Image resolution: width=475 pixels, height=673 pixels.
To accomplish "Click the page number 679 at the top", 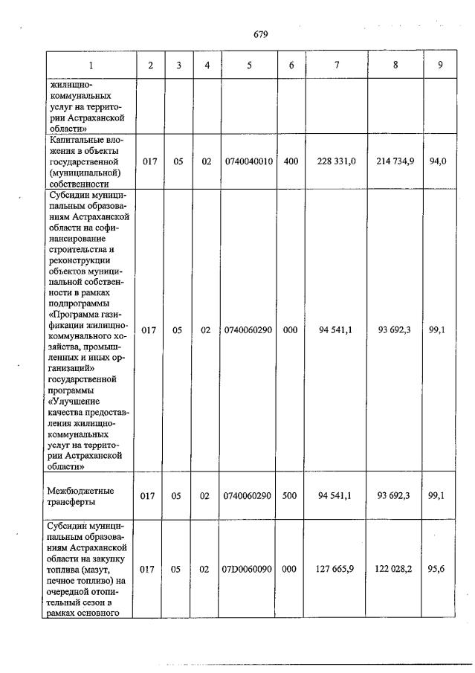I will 260,34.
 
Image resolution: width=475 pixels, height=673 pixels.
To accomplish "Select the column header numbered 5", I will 249,65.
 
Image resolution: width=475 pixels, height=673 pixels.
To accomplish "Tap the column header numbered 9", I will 440,65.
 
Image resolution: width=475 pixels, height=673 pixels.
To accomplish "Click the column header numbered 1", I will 91,65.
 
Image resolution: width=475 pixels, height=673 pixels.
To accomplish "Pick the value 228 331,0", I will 337,161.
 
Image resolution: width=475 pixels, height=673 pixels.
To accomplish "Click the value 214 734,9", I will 395,161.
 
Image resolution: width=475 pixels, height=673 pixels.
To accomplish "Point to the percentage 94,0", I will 439,161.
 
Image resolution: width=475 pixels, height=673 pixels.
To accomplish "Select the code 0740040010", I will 249,161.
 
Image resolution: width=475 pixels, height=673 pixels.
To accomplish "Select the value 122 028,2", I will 395,569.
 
